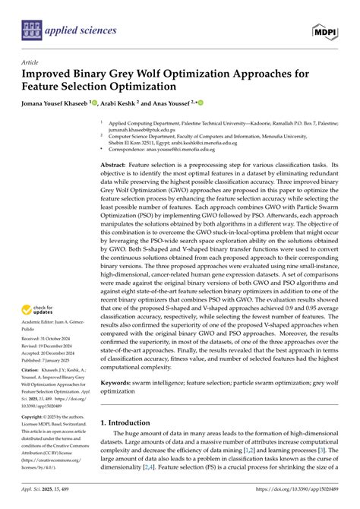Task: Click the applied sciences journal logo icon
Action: tap(30, 30)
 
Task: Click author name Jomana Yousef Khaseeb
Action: tap(54, 103)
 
